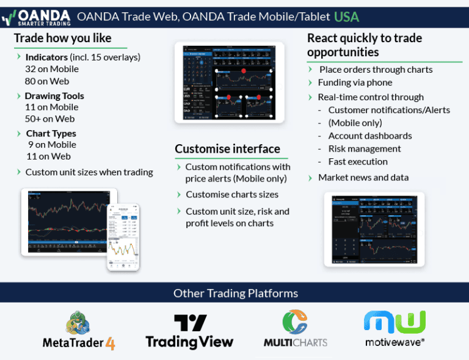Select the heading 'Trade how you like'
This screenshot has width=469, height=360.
pyautogui.click(x=62, y=39)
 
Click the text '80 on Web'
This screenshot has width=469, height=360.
pyautogui.click(x=47, y=81)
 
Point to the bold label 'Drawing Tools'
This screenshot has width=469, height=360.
pyautogui.click(x=54, y=96)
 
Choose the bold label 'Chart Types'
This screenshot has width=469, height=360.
pyautogui.click(x=51, y=133)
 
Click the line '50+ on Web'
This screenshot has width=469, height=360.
pyautogui.click(x=49, y=119)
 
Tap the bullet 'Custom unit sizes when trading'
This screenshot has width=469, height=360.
pyautogui.click(x=89, y=172)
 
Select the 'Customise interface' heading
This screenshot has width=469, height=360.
pyautogui.click(x=227, y=149)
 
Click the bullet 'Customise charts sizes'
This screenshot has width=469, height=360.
pyautogui.click(x=232, y=194)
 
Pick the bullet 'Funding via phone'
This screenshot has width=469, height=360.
pyautogui.click(x=355, y=83)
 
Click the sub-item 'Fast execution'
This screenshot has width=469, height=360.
pyautogui.click(x=358, y=161)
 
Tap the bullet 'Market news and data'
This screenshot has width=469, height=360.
pyautogui.click(x=363, y=177)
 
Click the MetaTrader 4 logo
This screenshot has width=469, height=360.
pyautogui.click(x=79, y=331)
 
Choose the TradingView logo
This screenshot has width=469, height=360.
pyautogui.click(x=189, y=331)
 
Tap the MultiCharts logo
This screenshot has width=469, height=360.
pyautogui.click(x=296, y=329)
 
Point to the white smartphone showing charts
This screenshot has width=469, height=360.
pyautogui.click(x=123, y=237)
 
